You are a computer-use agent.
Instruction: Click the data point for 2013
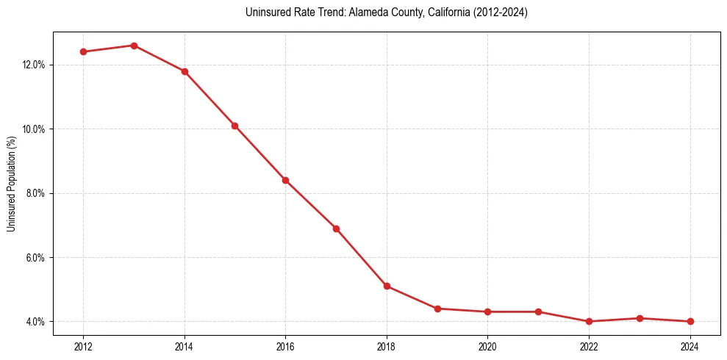click(134, 46)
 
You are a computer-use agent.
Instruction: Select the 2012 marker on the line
click(83, 51)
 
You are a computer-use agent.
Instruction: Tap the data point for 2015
click(234, 126)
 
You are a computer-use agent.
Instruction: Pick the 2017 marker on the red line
click(336, 228)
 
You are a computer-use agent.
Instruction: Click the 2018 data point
click(387, 287)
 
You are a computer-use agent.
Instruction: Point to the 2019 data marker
click(437, 309)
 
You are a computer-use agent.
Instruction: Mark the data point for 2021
click(538, 312)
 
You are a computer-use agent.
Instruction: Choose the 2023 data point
click(640, 318)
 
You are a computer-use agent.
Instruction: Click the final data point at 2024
click(690, 321)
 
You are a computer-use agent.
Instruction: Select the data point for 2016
click(285, 180)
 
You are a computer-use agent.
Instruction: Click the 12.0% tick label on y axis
click(34, 65)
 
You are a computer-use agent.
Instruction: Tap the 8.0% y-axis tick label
click(35, 193)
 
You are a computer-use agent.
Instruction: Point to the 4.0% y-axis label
click(35, 322)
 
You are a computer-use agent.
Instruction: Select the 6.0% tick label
click(35, 258)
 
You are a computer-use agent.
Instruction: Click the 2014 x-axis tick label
click(185, 346)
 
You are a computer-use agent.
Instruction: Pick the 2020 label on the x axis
click(487, 346)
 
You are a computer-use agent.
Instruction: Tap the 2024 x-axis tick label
click(690, 346)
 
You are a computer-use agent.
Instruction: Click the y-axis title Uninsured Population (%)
click(12, 184)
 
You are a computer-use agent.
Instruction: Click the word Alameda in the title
click(348, 12)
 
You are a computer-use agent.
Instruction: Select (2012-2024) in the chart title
click(501, 12)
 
